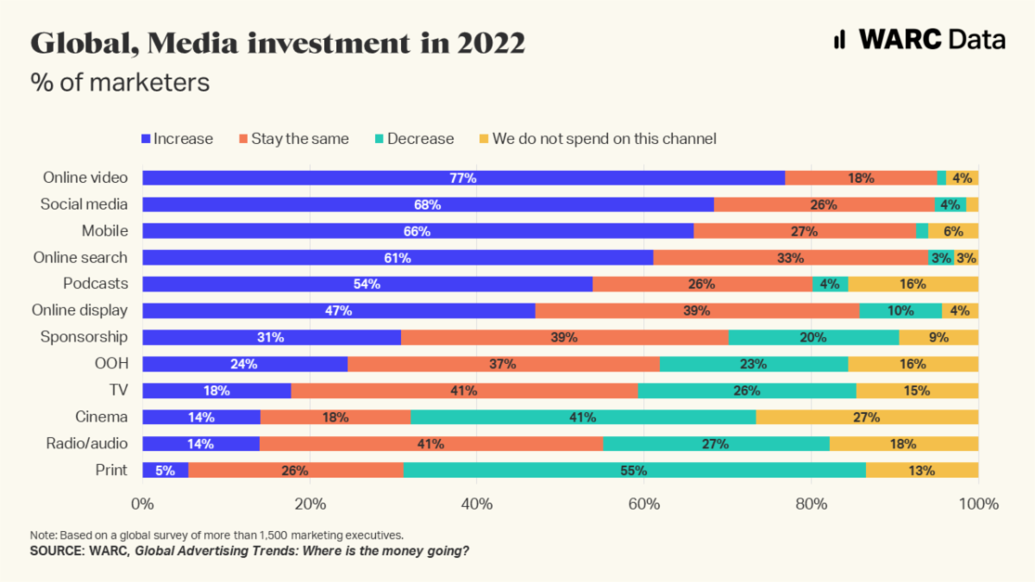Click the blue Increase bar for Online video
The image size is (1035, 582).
[463, 178]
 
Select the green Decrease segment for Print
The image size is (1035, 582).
[634, 471]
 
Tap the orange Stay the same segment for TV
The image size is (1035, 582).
[464, 391]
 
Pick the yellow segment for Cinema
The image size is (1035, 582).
[867, 417]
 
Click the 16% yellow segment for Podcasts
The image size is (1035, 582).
[913, 285]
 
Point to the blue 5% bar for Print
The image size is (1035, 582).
[165, 471]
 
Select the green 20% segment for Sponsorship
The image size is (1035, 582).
[813, 337]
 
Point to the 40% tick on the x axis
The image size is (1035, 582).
[477, 503]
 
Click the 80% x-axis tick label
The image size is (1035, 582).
[811, 503]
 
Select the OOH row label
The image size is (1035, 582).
[111, 364]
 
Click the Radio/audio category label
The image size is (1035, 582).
[86, 444]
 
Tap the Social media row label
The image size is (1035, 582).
[85, 204]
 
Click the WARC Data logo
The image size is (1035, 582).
[919, 40]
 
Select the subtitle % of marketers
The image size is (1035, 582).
[120, 82]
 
